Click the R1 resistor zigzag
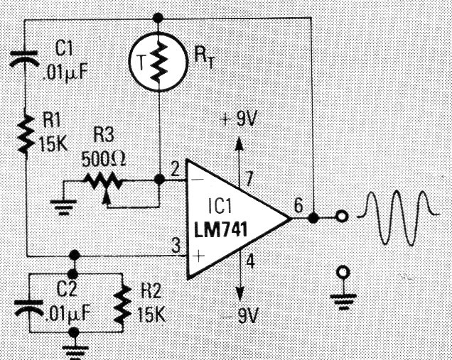[x=26, y=132]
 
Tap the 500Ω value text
[x=104, y=156]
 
